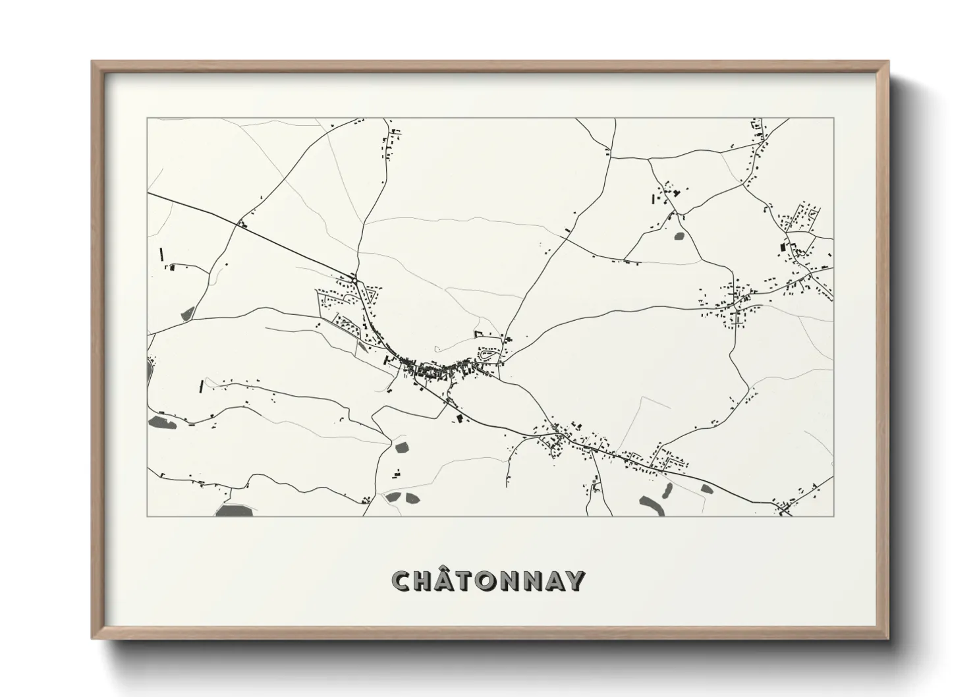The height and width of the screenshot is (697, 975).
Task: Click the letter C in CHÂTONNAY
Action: [403, 581]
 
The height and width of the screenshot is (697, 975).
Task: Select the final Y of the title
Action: [574, 581]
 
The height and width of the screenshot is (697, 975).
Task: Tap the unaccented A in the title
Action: [555, 581]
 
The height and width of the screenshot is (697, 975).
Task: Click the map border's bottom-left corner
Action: [147, 516]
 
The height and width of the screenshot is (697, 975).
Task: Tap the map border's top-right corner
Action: [834, 118]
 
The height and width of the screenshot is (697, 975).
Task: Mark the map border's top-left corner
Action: [147, 118]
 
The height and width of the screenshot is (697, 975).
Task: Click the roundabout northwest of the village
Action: [354, 281]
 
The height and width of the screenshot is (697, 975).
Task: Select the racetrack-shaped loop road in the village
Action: [487, 355]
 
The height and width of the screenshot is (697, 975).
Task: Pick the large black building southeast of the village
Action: [460, 417]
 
